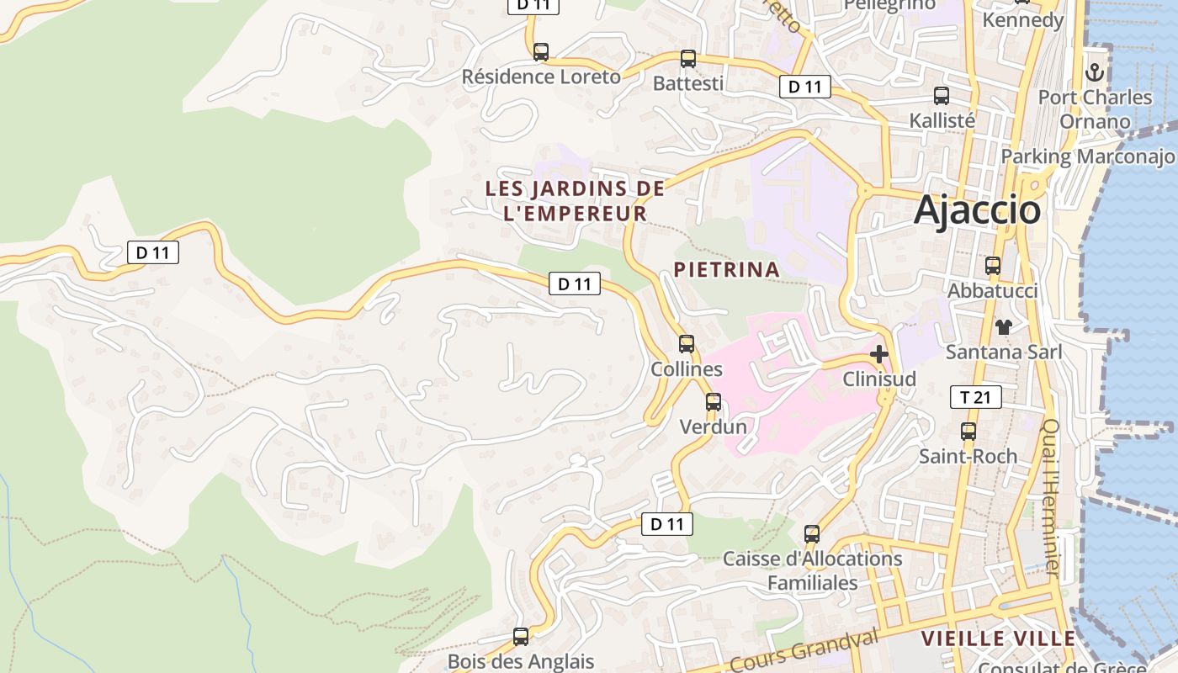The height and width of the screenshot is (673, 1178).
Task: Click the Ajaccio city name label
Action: point(977,209)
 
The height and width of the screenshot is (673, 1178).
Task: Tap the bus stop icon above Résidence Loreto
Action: point(541,51)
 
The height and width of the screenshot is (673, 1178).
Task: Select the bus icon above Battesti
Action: point(688,58)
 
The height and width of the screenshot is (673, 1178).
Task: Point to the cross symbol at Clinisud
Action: point(879,354)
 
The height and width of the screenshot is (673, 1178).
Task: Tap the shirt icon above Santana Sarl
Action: point(1003,326)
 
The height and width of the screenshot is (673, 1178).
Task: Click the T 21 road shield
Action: point(975,397)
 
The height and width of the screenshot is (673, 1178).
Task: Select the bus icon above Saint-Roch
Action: point(968,432)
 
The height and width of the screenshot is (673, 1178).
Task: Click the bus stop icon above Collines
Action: point(687,343)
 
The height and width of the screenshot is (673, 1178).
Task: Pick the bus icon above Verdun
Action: point(714,401)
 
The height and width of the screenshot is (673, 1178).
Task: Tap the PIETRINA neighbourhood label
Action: point(726,270)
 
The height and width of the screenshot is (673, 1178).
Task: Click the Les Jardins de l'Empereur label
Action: point(576,201)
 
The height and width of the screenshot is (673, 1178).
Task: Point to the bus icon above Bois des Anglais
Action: point(521,636)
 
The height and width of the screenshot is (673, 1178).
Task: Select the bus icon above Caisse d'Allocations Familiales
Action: point(812,533)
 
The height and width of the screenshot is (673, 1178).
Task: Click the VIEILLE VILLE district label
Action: point(998,639)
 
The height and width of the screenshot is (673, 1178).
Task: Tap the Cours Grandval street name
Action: point(804,652)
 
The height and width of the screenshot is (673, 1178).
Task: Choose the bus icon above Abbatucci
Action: point(993,266)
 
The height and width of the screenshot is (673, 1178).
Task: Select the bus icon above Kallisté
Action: point(942,96)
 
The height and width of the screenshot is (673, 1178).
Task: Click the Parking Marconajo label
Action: point(1087,156)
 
